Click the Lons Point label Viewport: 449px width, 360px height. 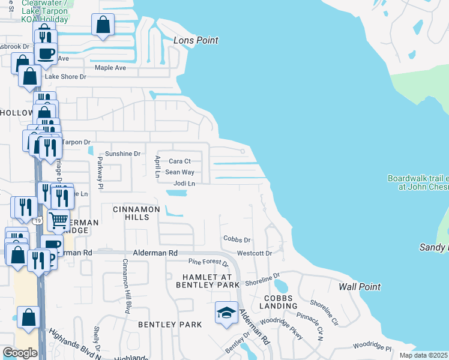(x=196, y=40)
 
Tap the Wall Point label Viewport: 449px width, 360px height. (x=360, y=287)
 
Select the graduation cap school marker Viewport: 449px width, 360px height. (x=226, y=313)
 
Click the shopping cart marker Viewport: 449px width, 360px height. (x=58, y=221)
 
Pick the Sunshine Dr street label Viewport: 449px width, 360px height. (x=122, y=154)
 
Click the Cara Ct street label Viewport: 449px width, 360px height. (x=179, y=161)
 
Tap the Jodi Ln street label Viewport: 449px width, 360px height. (x=184, y=183)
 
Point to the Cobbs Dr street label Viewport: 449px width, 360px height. (x=237, y=239)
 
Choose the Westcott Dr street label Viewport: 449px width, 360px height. (x=255, y=253)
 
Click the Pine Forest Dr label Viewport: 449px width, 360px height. (x=208, y=262)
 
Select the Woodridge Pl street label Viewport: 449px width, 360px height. (x=372, y=346)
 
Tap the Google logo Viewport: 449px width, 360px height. (x=20, y=353)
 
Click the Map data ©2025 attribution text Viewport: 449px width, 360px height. (x=423, y=355)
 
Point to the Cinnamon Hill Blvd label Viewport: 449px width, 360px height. (x=126, y=286)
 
